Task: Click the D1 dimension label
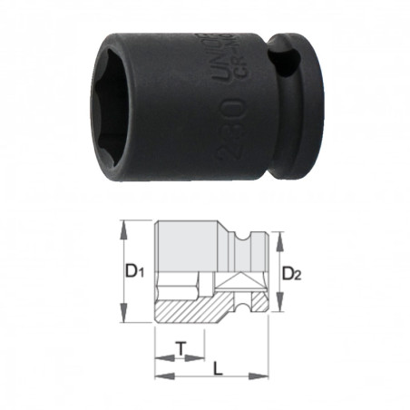click(x=134, y=269)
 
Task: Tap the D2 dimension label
click(x=291, y=273)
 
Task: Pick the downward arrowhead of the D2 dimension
click(x=278, y=309)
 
